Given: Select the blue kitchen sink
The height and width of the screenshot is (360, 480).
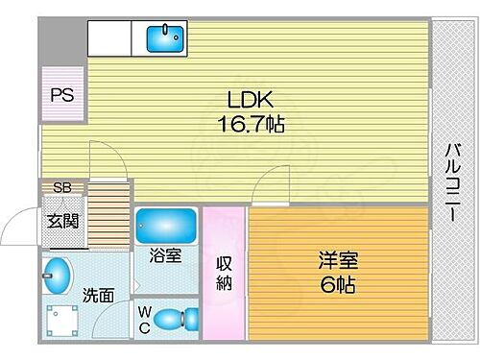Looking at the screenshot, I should click(166, 39).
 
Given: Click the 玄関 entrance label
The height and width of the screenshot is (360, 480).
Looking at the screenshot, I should click(64, 221).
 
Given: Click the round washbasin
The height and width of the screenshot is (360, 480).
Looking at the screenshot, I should click(59, 276).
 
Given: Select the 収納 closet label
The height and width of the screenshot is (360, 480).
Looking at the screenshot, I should click(224, 273).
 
